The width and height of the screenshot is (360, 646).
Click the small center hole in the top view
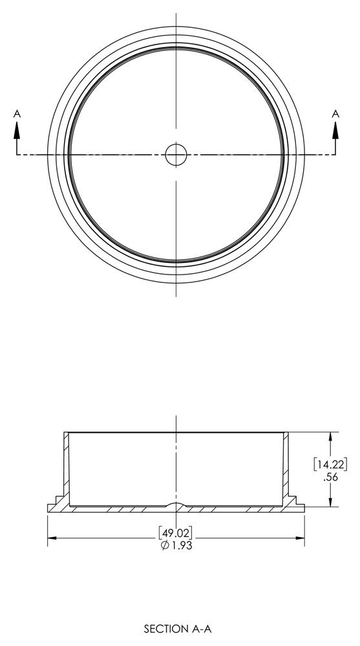pos(176,154)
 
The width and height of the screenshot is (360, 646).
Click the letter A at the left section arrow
pos(17,114)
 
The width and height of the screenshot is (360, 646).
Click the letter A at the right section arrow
pos(335,114)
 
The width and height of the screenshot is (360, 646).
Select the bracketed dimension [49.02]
pos(176,533)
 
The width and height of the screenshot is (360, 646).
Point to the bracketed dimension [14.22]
pos(331,464)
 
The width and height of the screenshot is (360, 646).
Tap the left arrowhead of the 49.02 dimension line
pos(52,537)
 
